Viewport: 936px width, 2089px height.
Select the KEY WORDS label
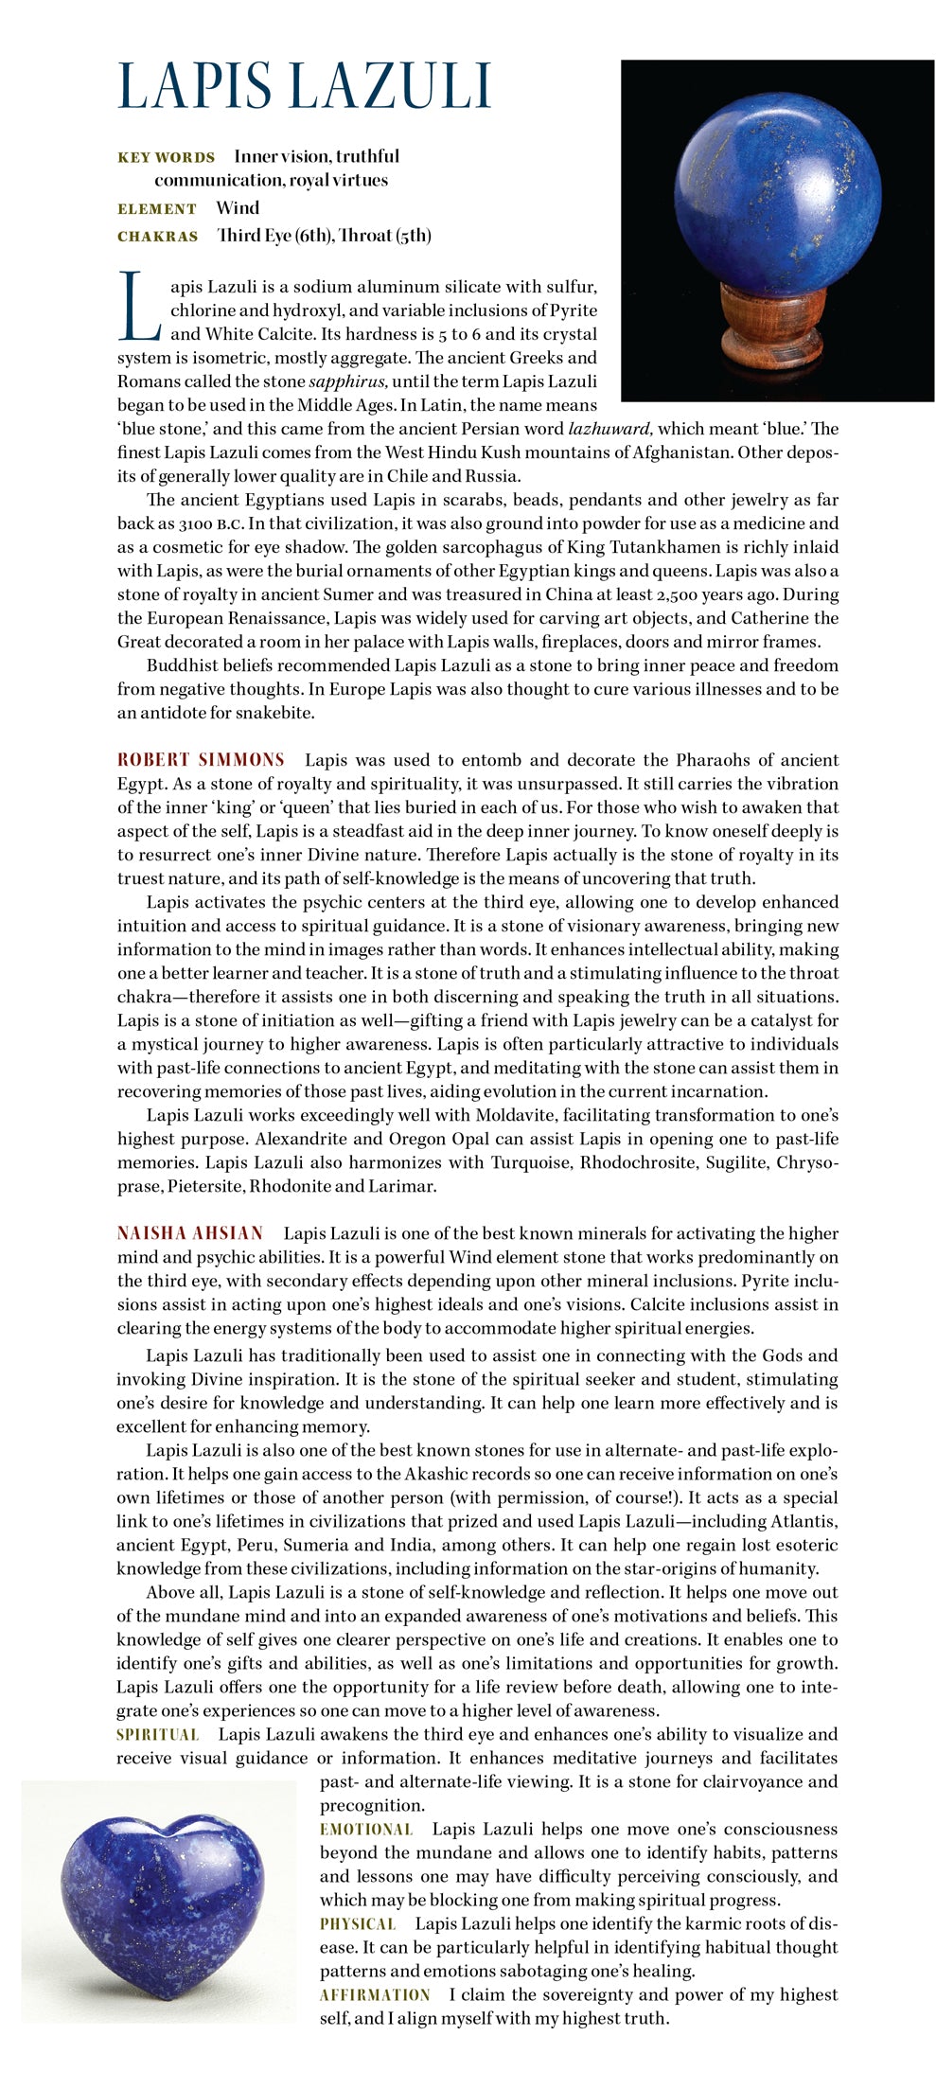166,157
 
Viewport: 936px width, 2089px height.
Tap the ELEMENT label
157,209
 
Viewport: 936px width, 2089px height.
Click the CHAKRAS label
158,237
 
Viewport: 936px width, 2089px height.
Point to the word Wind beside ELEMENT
238,208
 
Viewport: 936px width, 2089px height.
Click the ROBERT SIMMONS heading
201,760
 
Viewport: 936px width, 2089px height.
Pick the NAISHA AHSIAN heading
190,1233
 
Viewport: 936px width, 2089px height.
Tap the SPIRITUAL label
158,1735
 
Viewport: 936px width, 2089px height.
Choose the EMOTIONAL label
366,1830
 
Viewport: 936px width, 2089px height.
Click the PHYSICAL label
358,1924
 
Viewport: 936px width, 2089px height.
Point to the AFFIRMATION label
375,1995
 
